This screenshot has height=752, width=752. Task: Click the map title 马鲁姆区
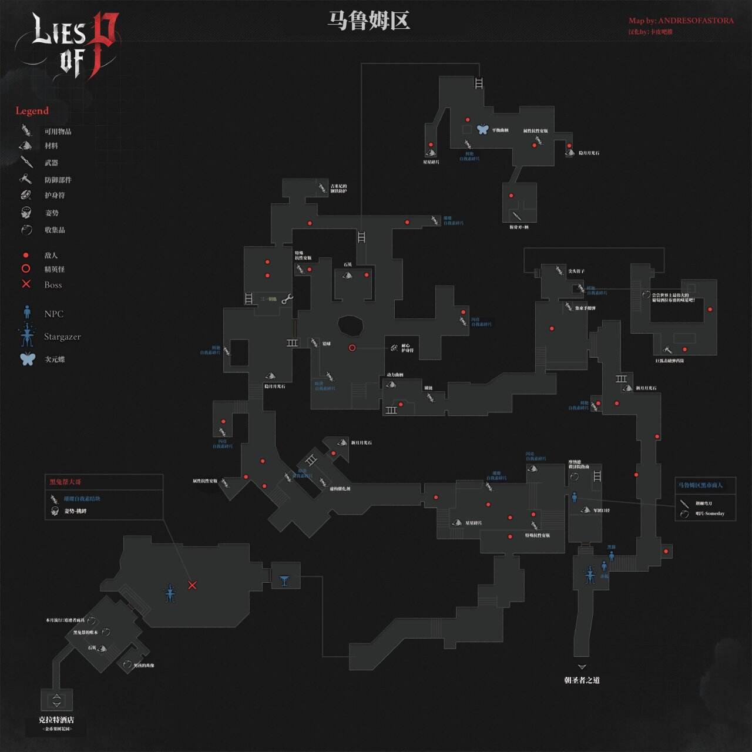368,21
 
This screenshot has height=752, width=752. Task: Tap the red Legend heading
32,110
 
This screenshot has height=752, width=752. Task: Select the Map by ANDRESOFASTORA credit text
681,21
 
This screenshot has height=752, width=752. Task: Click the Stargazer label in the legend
62,337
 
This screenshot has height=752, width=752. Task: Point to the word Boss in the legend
53,285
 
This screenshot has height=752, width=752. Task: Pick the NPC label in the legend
53,314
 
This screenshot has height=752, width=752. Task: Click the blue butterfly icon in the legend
28,358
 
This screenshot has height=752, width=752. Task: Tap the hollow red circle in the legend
26,268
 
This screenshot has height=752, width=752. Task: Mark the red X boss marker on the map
192,585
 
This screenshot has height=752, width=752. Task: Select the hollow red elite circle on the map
352,348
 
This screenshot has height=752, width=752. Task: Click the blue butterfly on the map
482,129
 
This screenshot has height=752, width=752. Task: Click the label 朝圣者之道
582,680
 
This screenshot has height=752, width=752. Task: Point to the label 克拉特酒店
56,720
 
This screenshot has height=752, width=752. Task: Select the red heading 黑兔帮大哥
65,482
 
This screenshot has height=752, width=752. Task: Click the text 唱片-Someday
710,513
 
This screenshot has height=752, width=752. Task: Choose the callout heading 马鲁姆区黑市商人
700,485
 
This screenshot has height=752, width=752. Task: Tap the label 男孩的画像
144,666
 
